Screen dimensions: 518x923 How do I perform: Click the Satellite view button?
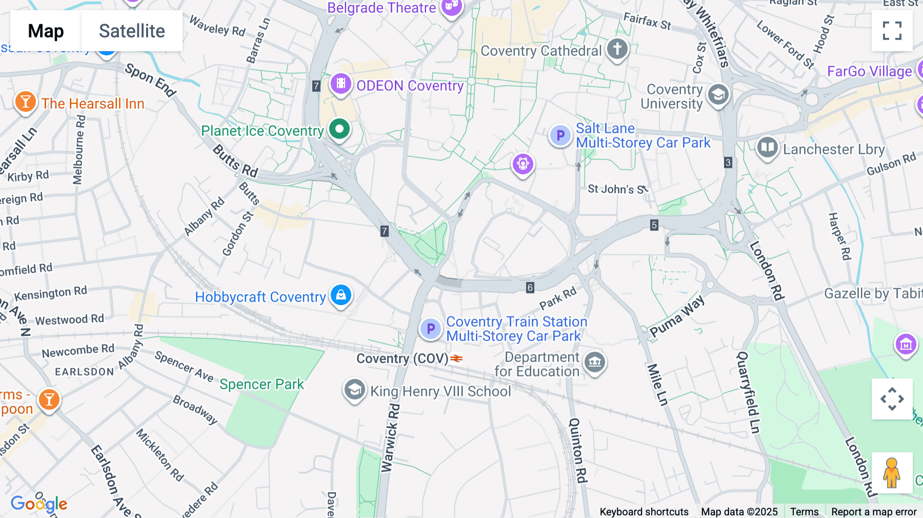coord(132,31)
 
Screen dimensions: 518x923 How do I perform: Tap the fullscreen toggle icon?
coord(892,31)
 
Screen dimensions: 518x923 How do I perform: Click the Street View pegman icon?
coord(892,472)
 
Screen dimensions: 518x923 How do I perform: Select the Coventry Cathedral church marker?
coord(617,50)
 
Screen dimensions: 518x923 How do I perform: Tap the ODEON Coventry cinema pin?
coord(341,84)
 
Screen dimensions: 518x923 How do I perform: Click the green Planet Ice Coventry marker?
coord(339,129)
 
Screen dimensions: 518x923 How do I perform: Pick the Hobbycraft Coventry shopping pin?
coord(341,295)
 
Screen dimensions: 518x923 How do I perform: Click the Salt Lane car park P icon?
coord(560,136)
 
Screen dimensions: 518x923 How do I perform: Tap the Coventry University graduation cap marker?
coord(718,95)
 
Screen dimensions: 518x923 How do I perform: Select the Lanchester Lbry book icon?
coord(767,148)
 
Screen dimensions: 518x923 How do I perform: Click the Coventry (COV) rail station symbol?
coord(456,358)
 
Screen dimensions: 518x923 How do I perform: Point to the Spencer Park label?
coord(262,384)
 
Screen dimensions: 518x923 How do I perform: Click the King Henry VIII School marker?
coord(354,390)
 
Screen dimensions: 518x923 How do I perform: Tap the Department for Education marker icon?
coord(595,362)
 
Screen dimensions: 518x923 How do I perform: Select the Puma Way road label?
coord(677,316)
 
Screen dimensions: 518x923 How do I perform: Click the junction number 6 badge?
coord(530,288)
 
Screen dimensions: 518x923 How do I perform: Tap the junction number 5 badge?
coord(654,225)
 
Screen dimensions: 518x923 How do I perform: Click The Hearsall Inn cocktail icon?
coord(25,102)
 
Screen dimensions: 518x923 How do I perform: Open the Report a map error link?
coord(873,512)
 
